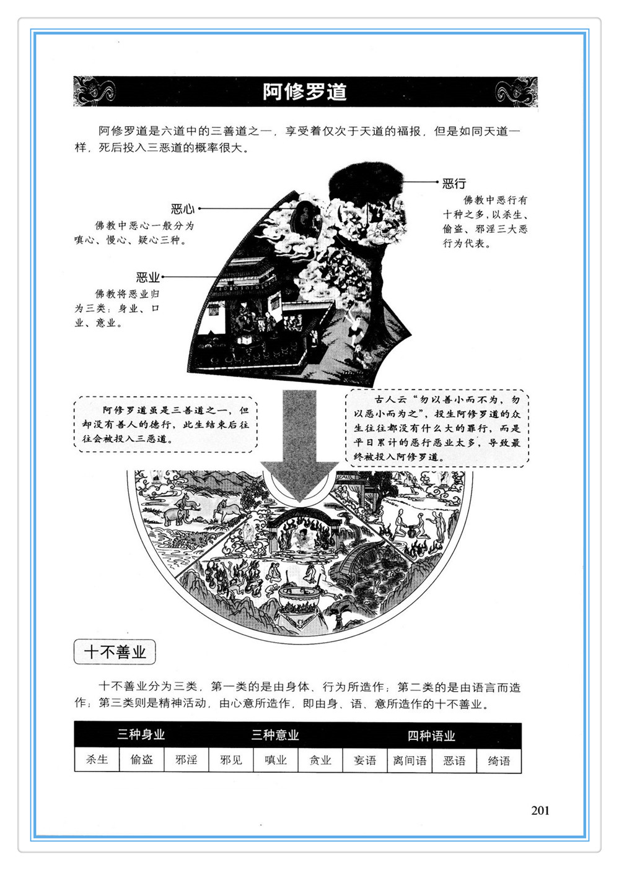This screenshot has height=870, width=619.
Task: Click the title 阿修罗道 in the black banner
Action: click(x=304, y=92)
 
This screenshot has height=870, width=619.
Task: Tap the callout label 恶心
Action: click(x=183, y=209)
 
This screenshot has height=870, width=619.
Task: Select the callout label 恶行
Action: click(x=454, y=183)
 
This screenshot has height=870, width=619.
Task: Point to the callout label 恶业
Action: click(x=147, y=277)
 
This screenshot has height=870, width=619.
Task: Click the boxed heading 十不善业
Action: click(x=115, y=652)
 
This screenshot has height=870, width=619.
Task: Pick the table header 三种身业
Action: click(x=141, y=734)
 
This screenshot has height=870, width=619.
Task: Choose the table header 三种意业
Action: click(x=275, y=734)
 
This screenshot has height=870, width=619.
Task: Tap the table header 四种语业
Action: click(x=431, y=735)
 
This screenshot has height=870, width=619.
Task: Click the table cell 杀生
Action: click(x=97, y=759)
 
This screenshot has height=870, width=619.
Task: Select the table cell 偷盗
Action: click(x=141, y=759)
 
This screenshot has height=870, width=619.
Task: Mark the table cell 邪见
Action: click(x=231, y=759)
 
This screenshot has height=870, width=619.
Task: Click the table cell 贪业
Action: click(x=320, y=759)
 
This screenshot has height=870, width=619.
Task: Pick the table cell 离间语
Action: click(x=410, y=760)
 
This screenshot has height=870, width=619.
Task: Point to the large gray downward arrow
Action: click(x=300, y=446)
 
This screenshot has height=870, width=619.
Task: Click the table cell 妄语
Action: click(x=365, y=760)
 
